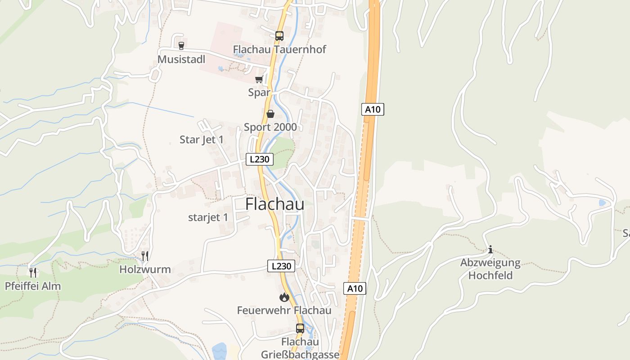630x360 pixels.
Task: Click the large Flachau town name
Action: click(274, 204)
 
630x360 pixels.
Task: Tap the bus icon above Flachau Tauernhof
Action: click(279, 36)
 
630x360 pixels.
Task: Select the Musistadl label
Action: click(181, 59)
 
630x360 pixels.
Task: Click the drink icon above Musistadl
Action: click(181, 45)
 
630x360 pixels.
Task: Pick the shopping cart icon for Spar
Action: click(259, 80)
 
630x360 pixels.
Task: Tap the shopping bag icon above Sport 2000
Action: click(270, 114)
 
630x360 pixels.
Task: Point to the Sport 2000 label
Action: click(270, 127)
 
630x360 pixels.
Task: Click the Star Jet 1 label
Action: click(202, 139)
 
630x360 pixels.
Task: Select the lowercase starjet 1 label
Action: click(208, 217)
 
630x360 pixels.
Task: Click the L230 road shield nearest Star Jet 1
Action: click(260, 159)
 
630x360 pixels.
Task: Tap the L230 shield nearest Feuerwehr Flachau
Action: click(281, 266)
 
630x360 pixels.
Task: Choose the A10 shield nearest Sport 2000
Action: click(373, 109)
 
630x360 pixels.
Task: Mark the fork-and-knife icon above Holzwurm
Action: click(145, 256)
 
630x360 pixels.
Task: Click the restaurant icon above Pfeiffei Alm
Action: click(33, 272)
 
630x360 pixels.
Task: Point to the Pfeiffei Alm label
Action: click(33, 286)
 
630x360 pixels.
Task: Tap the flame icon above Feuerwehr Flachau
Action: click(284, 297)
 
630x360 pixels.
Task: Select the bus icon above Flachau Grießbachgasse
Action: click(300, 328)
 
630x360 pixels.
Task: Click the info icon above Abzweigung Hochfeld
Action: click(490, 249)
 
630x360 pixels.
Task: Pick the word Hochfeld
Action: click(490, 275)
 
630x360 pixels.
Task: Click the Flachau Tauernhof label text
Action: click(279, 49)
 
